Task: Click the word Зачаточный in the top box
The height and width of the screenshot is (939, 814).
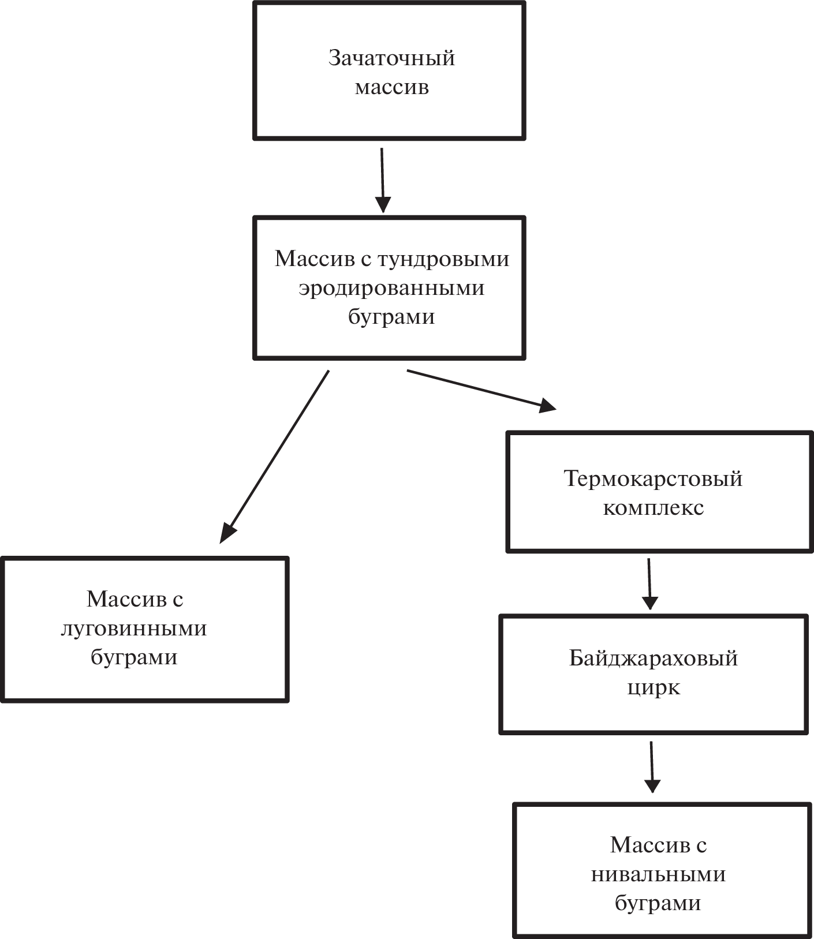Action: (391, 58)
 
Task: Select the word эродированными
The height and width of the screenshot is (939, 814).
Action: (391, 288)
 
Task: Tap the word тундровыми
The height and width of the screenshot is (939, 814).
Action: (443, 259)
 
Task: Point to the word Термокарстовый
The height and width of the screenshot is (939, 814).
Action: (653, 478)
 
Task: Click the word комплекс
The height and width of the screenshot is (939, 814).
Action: (653, 508)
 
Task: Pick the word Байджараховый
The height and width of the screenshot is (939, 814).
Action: (653, 658)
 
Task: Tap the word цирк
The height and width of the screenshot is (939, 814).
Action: (653, 687)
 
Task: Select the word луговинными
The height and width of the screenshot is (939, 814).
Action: (133, 628)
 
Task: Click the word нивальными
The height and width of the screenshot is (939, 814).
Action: (658, 874)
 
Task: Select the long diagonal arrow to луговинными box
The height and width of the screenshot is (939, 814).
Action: (275, 457)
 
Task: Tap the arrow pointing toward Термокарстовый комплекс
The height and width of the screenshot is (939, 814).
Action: (481, 390)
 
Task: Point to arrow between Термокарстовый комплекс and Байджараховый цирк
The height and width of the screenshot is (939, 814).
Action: (649, 583)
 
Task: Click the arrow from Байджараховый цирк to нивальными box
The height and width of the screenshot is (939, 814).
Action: (652, 766)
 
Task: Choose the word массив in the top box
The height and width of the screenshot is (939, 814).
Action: (391, 88)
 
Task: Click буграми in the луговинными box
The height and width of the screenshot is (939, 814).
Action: (133, 657)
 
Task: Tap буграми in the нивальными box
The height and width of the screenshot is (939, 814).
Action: (658, 903)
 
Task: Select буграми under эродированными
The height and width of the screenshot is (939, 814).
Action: (391, 317)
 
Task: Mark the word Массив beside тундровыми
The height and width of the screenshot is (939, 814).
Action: (314, 259)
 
